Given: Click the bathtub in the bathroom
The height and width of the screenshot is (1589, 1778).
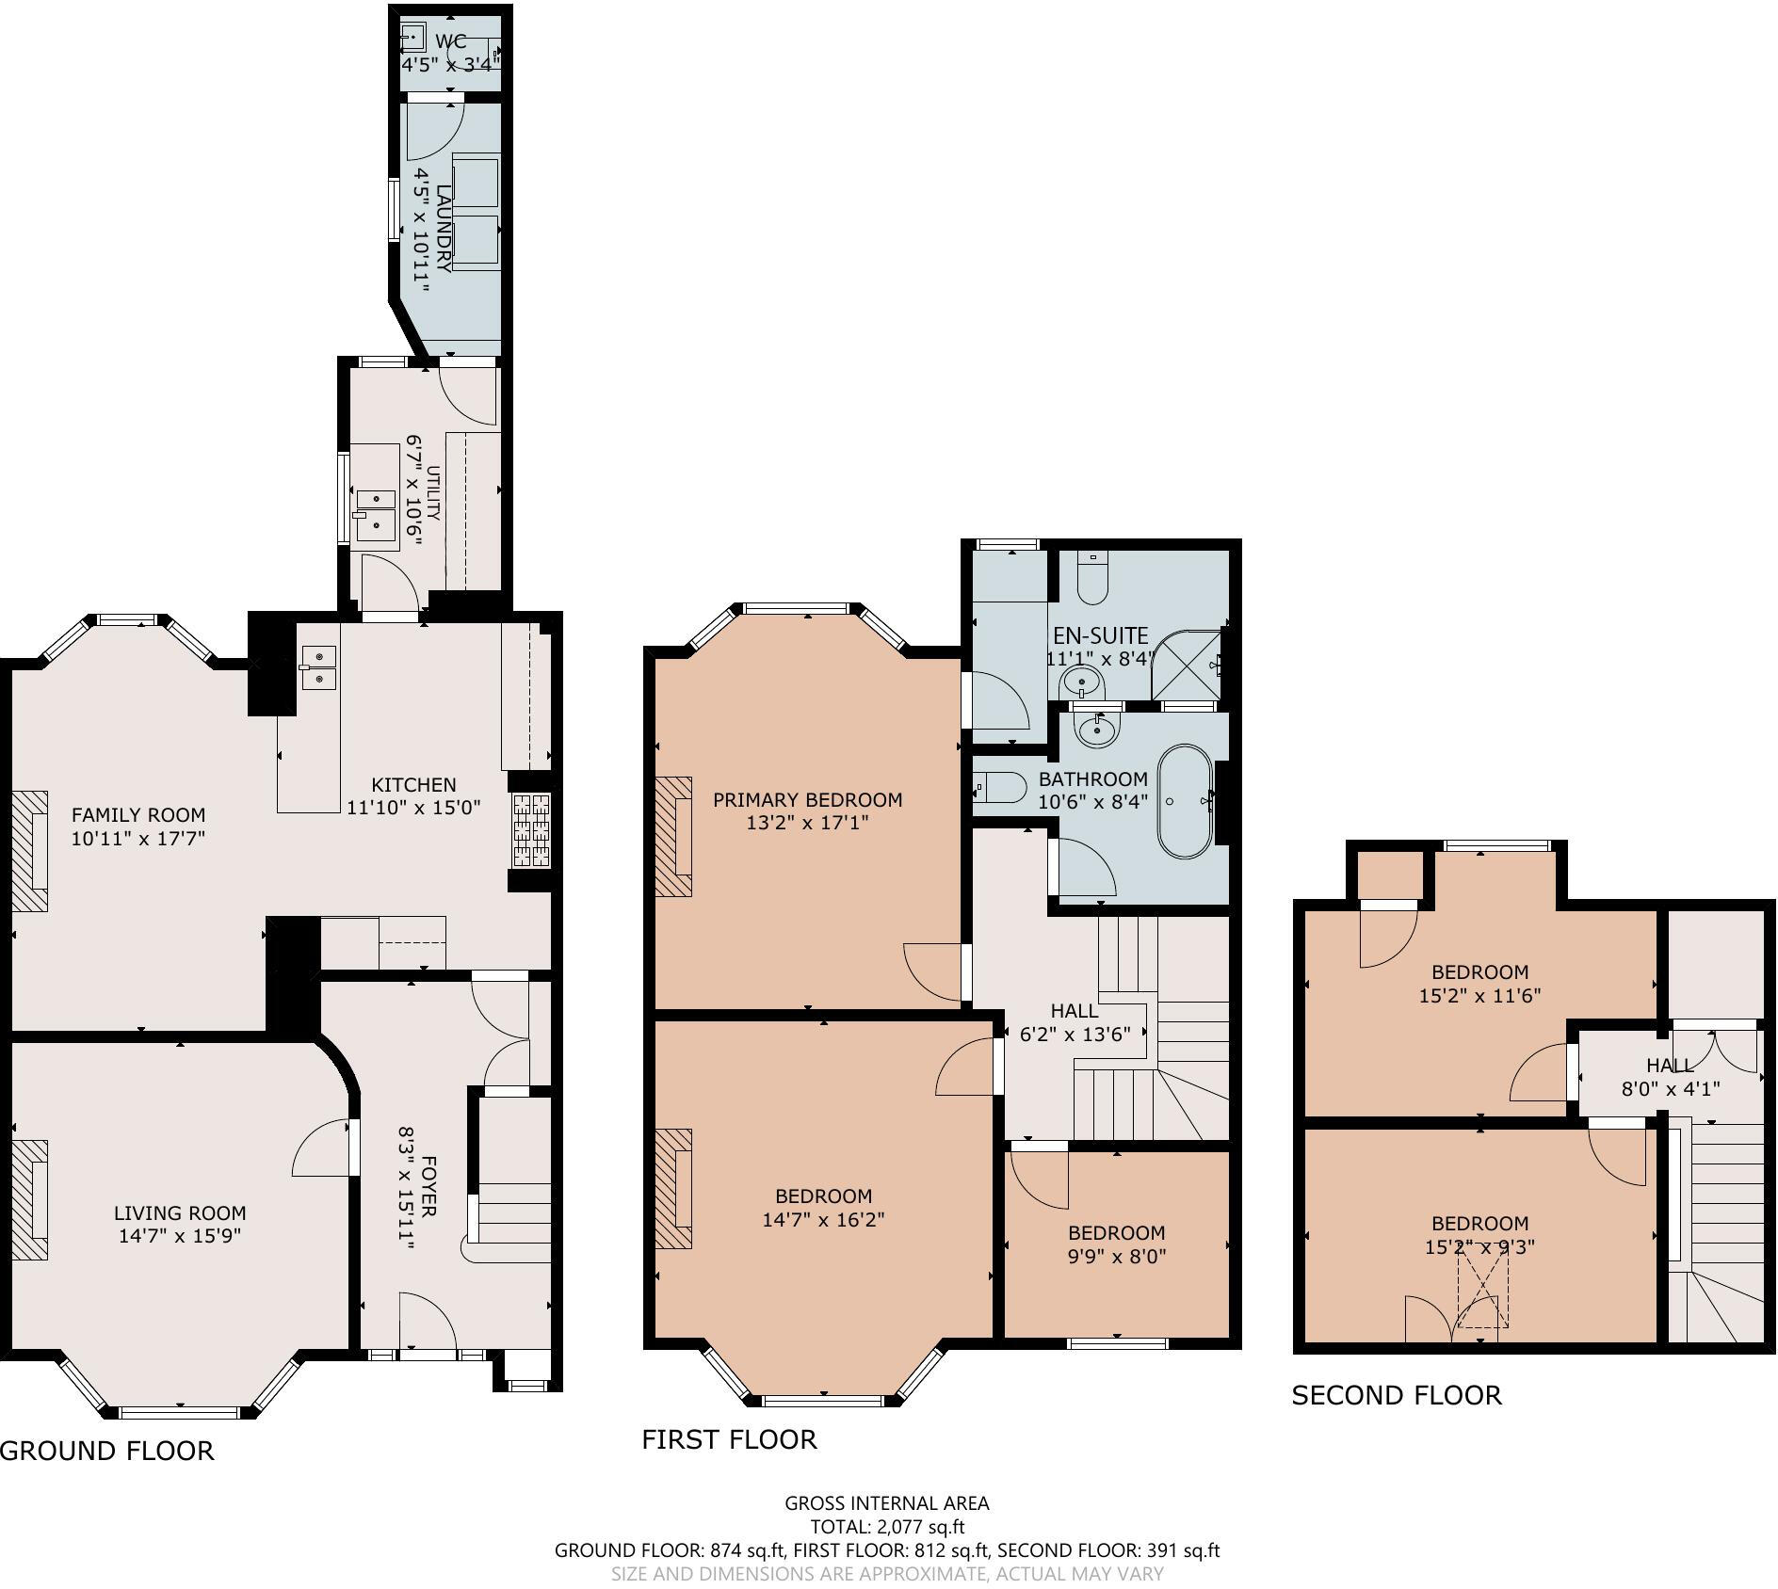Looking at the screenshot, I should [x=1186, y=802].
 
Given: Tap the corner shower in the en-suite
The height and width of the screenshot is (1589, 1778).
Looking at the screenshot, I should [x=1189, y=666].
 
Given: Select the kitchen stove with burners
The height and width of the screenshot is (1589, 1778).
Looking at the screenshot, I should [x=531, y=829].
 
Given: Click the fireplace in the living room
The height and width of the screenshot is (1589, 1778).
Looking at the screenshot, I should [x=30, y=1199].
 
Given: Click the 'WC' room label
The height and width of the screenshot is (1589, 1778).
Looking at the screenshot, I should [x=451, y=41].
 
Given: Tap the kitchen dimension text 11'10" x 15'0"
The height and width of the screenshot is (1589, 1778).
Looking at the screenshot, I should [x=413, y=807].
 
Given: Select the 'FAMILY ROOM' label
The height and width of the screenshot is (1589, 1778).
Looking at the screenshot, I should [x=137, y=814].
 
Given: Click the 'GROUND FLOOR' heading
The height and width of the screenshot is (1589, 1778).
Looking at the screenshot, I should [x=106, y=1451].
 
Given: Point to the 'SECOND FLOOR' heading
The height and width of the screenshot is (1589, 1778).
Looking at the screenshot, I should [x=1396, y=1395].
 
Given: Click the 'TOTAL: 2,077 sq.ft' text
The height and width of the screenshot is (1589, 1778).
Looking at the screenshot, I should [x=887, y=1527].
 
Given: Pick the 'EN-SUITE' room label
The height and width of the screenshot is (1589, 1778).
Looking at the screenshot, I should [x=1100, y=635].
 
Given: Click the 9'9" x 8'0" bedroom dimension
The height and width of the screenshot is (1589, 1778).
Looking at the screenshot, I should [x=1117, y=1256].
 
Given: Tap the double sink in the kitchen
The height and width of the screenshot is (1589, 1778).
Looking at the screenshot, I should [x=318, y=666].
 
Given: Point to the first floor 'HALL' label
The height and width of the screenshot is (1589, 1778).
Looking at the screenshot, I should [x=1074, y=1011].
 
